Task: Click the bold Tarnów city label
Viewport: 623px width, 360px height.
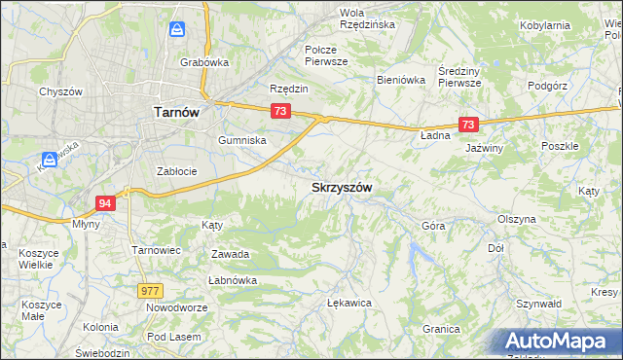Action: [x=177, y=112]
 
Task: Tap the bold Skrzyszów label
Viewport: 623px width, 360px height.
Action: [x=341, y=187]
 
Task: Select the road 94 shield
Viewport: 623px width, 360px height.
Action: [x=106, y=202]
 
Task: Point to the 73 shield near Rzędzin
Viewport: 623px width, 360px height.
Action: [x=280, y=112]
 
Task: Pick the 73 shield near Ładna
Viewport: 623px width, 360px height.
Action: [x=468, y=125]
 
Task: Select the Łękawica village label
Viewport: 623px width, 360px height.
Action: [x=350, y=303]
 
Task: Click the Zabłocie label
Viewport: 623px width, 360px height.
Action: [x=177, y=171]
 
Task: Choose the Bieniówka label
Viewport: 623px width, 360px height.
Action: [x=401, y=80]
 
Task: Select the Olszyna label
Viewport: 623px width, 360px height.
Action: [x=516, y=220]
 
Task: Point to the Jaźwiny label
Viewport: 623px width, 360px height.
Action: [x=484, y=148]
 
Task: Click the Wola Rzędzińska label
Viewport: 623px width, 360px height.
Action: [x=367, y=18]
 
